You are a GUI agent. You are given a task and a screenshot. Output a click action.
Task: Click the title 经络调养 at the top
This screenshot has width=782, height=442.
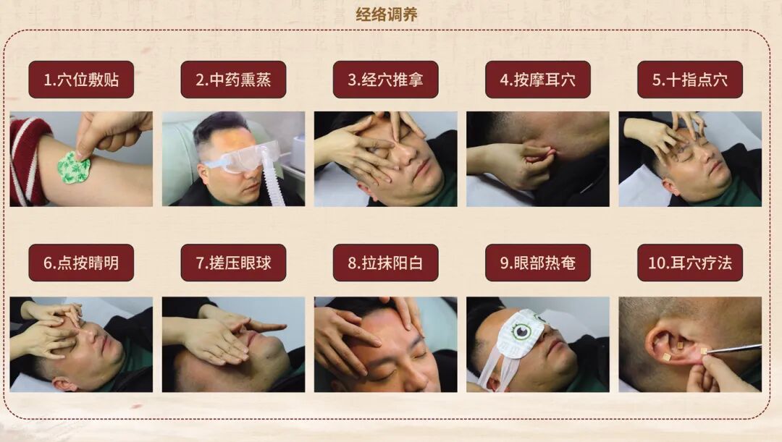click(x=387, y=14)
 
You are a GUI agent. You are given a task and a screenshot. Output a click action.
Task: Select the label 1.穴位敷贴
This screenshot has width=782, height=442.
click(x=81, y=80)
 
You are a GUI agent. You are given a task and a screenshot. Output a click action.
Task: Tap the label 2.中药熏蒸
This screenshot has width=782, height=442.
click(x=233, y=80)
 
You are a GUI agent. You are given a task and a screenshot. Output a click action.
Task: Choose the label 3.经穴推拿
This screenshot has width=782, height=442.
click(x=385, y=80)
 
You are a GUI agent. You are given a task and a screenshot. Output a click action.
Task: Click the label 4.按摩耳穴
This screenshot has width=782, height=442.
click(x=537, y=80)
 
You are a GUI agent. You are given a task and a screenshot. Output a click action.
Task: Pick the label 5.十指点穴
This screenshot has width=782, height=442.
click(x=689, y=80)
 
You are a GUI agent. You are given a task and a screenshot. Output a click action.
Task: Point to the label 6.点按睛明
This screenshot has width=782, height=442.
click(x=81, y=263)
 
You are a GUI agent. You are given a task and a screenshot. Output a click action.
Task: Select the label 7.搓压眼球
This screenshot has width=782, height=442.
click(x=233, y=263)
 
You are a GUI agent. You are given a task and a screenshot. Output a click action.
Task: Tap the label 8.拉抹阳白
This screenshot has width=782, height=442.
click(x=385, y=263)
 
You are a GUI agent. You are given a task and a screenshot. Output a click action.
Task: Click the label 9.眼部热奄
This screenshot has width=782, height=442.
click(x=537, y=263)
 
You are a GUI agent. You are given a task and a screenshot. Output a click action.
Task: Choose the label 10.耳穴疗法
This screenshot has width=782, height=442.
click(x=689, y=263)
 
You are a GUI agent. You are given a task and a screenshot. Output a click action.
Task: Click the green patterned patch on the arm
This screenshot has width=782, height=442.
click(x=74, y=168)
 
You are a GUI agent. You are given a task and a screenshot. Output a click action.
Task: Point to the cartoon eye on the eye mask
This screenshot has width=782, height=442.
click(x=520, y=331)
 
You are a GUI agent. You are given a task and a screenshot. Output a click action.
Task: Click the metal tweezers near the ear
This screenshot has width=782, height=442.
click(x=735, y=349)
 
